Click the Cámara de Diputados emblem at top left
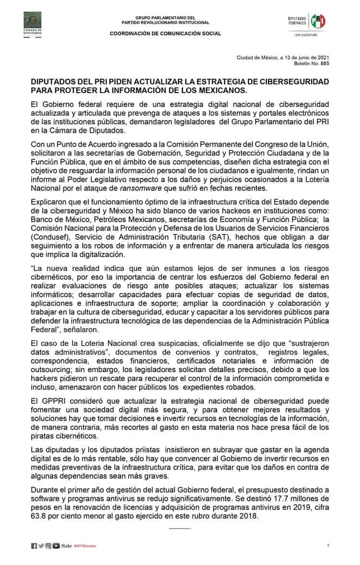(x=33, y=22)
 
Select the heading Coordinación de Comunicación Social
(x=166, y=34)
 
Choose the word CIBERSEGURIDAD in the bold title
(x=293, y=82)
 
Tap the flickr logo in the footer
(x=67, y=546)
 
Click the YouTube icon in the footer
(x=56, y=546)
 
